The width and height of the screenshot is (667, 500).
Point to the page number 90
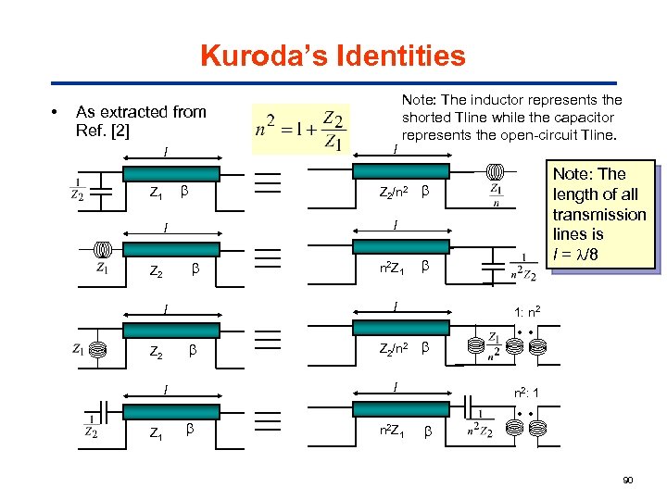629,479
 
